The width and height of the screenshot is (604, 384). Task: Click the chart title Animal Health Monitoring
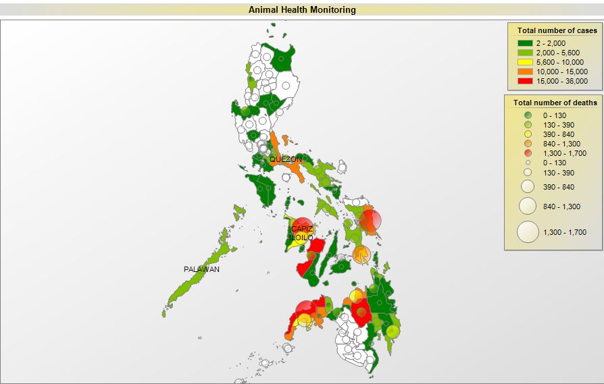point(302,10)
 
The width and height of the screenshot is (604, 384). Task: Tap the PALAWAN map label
point(201,269)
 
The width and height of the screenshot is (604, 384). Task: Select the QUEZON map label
point(286,159)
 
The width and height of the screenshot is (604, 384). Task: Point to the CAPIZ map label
point(302,229)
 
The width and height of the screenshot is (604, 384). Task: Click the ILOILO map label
point(301,238)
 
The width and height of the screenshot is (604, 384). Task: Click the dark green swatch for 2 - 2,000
point(525,43)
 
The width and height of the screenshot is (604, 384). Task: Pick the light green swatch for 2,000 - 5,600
point(525,53)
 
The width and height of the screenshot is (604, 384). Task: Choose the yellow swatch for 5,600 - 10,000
point(525,62)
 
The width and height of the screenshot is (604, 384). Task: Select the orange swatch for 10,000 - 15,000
point(525,72)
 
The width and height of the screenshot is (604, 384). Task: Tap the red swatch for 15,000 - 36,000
point(525,81)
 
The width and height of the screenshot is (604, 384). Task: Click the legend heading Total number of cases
point(557,30)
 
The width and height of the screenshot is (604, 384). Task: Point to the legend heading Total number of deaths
point(555,103)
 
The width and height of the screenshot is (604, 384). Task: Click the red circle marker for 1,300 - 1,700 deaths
point(528,153)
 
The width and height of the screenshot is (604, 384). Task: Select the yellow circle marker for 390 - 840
point(528,134)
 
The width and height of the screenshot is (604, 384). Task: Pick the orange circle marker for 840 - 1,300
point(528,144)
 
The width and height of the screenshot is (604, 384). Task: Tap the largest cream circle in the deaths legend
point(528,232)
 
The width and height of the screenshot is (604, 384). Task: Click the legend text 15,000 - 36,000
point(561,81)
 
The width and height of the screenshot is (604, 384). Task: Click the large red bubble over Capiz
point(303,228)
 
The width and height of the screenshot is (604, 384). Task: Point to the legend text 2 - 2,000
point(551,43)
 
